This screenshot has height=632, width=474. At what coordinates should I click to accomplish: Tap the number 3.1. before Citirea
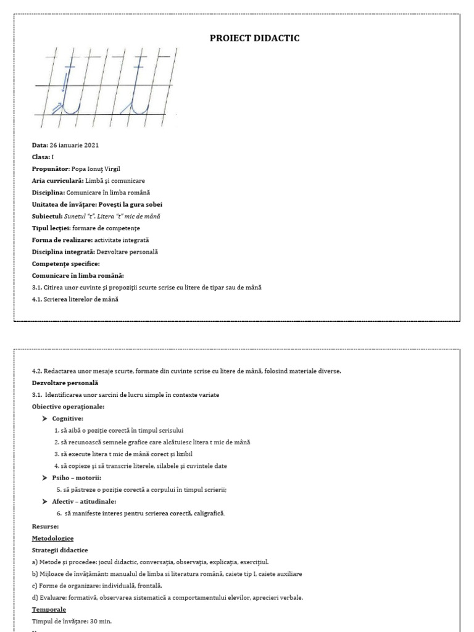37,288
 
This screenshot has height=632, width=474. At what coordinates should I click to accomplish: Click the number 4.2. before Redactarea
37,371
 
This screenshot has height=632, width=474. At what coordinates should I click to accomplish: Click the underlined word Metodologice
52,538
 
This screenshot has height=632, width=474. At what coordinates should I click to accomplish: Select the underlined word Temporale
49,609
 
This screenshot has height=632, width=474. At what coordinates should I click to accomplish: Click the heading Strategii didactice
60,550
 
